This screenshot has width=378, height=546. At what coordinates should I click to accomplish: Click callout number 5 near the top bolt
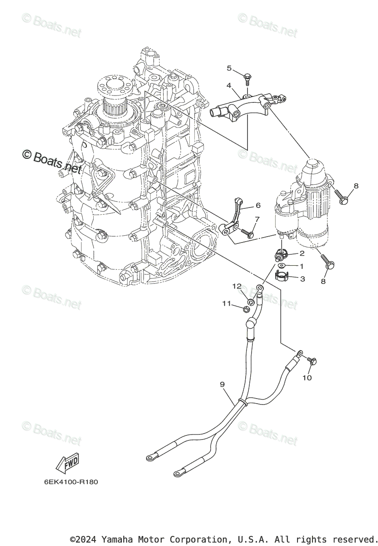229,68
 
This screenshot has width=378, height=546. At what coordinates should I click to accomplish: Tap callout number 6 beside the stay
258,205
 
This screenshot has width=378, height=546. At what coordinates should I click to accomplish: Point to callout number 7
257,220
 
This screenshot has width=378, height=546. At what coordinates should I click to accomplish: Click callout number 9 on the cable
222,384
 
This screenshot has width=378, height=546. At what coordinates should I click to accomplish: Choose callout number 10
307,378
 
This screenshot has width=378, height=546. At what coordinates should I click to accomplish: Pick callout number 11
227,303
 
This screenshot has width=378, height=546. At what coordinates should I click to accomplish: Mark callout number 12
237,286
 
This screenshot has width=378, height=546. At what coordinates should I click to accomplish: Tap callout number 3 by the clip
302,278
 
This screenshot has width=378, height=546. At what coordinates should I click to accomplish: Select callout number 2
302,253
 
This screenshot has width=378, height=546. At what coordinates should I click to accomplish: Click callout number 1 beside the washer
302,265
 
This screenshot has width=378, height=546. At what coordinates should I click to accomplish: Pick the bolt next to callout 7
247,233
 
